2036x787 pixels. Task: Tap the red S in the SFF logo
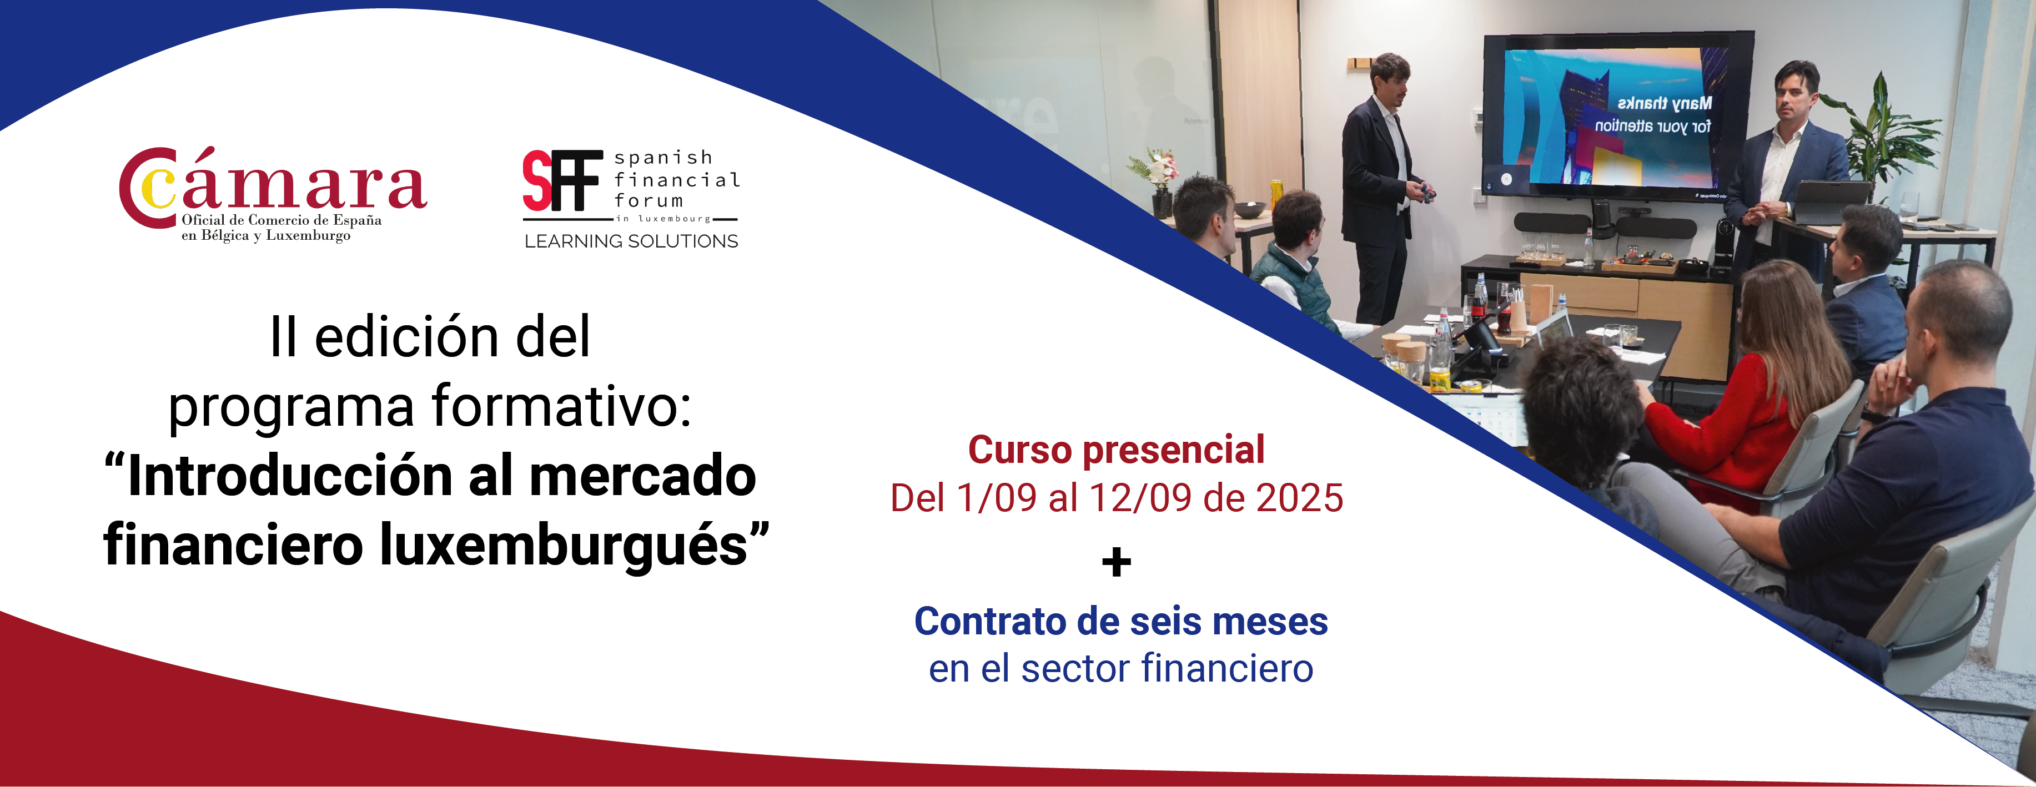tap(537, 180)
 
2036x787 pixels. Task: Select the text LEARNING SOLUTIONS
tap(631, 241)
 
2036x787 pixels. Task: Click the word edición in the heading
tap(407, 337)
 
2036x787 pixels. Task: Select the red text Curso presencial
tap(1116, 451)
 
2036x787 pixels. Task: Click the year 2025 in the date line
tap(1299, 498)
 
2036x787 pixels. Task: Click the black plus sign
tap(1116, 563)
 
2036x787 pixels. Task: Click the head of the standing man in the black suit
tap(1390, 78)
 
